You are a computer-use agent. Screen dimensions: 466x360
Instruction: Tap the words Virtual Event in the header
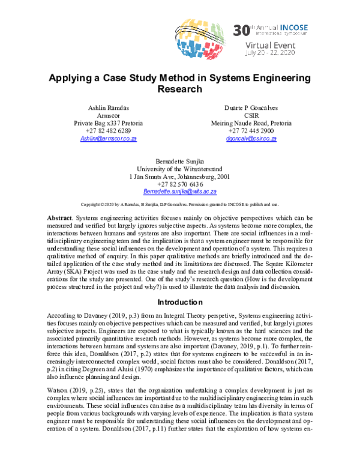click(x=271, y=46)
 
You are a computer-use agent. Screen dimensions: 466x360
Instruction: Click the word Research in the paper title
click(x=179, y=89)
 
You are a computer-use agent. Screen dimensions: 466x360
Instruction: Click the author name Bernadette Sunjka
click(x=179, y=162)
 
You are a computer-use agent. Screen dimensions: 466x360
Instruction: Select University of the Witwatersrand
click(x=179, y=170)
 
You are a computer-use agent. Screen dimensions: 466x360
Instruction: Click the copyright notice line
click(x=179, y=204)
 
